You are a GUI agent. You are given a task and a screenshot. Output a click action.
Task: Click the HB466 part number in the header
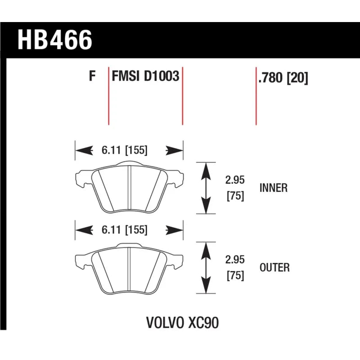pos(55,40)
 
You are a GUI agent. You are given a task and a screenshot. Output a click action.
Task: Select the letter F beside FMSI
pos(92,76)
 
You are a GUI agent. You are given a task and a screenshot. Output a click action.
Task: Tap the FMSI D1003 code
pos(145,76)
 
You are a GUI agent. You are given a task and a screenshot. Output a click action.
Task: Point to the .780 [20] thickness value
pos(283,78)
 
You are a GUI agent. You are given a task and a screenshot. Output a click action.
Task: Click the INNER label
pos(274,188)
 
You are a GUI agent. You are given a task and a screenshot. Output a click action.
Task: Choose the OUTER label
pos(274,267)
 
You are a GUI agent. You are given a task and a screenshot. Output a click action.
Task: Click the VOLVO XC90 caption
pos(183,323)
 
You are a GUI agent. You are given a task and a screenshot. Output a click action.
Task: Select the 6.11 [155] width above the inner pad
pos(125,150)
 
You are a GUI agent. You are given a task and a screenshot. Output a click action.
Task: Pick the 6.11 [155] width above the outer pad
pos(125,230)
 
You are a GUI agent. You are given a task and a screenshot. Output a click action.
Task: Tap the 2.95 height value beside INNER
pos(235,180)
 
